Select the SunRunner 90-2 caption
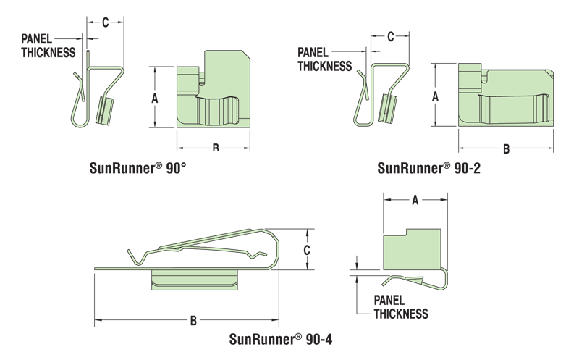tap(429, 168)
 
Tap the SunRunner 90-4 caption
tap(281, 338)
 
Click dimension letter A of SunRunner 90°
tap(155, 98)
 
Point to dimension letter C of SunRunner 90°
tap(105, 22)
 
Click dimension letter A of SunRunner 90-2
tap(435, 96)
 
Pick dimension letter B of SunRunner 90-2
tap(507, 149)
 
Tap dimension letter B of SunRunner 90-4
tap(193, 320)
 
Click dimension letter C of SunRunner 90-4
tap(307, 249)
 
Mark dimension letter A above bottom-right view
tap(415, 201)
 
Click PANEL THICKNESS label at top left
tap(48, 45)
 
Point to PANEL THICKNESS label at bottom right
tap(400, 306)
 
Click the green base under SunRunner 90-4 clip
tap(195, 278)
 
